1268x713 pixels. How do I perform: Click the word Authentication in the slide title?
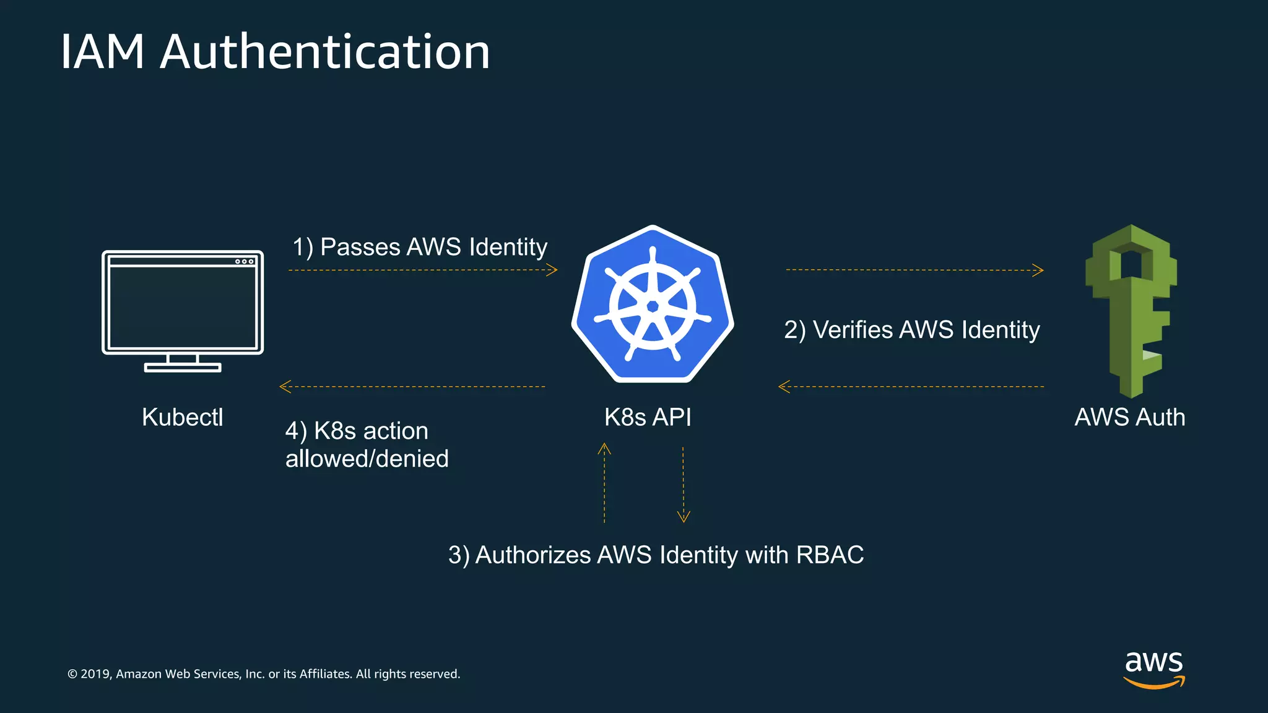coord(325,51)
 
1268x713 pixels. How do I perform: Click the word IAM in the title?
coord(102,51)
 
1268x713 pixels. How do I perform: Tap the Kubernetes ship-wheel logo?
coord(652,305)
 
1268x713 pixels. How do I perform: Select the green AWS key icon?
coord(1131,309)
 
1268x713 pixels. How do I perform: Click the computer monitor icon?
coord(183,309)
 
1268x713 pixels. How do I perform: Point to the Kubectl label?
coord(182,417)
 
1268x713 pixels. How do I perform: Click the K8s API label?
coord(648,417)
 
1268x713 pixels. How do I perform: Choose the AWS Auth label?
coord(1130,417)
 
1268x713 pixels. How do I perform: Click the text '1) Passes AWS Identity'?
coord(420,247)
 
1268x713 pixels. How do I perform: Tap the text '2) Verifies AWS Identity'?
coord(911,330)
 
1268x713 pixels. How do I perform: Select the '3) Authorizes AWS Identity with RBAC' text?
coord(656,555)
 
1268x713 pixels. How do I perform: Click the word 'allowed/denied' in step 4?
coord(367,459)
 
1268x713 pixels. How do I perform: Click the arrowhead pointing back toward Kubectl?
coord(284,387)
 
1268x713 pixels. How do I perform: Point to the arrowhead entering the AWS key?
coord(1039,270)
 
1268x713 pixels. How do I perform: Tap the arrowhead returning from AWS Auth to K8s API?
coord(783,387)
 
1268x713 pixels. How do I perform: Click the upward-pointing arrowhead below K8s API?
coord(604,448)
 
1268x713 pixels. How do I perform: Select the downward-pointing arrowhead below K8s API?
coord(684,517)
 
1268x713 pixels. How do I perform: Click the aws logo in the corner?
coord(1154,668)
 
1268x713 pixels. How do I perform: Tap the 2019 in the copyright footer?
coord(95,674)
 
